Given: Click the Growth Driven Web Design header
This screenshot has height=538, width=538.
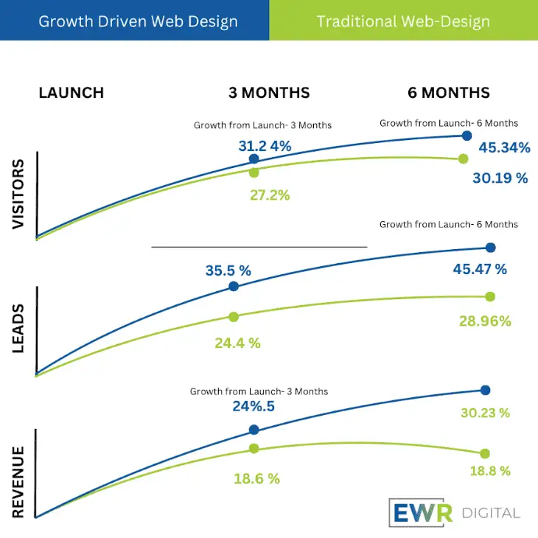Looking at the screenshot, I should pyautogui.click(x=138, y=21).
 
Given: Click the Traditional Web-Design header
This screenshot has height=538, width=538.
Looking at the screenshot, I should pyautogui.click(x=403, y=21).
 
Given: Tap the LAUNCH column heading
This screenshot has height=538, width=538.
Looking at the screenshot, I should pyautogui.click(x=71, y=93).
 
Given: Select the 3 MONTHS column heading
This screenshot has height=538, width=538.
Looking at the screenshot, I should pyautogui.click(x=269, y=93).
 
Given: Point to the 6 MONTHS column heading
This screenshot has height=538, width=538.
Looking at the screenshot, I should pyautogui.click(x=448, y=93).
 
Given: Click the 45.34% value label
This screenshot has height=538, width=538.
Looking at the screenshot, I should pyautogui.click(x=504, y=148).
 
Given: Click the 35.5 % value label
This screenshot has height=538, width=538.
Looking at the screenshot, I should pyautogui.click(x=228, y=270).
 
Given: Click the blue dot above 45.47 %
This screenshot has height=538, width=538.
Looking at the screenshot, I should pyautogui.click(x=491, y=248).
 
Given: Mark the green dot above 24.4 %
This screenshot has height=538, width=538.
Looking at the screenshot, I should pyautogui.click(x=234, y=317).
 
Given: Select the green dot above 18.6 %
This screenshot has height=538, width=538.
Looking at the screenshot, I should pyautogui.click(x=254, y=448).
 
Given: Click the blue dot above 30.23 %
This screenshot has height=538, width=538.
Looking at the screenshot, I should pyautogui.click(x=485, y=390).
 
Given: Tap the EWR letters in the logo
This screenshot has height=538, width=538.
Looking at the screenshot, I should pyautogui.click(x=419, y=513).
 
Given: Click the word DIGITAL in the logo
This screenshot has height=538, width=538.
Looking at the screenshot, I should pyautogui.click(x=491, y=513).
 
